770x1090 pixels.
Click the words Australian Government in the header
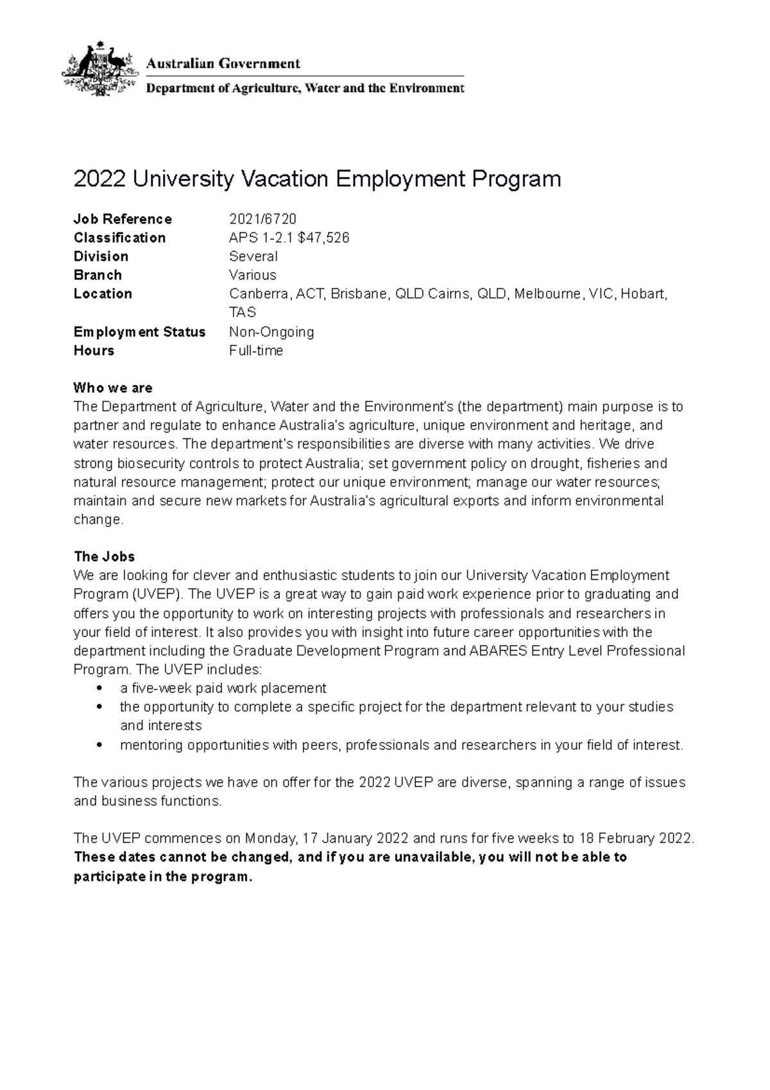click(223, 64)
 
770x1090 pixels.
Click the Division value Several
click(253, 256)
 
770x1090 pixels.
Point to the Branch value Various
click(253, 275)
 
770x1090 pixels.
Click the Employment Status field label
click(139, 332)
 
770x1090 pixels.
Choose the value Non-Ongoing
click(271, 332)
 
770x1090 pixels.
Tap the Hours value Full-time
click(256, 350)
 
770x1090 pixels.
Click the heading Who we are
click(113, 388)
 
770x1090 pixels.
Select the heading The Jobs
click(104, 557)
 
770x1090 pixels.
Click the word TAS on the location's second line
click(243, 313)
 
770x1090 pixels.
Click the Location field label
click(103, 293)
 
